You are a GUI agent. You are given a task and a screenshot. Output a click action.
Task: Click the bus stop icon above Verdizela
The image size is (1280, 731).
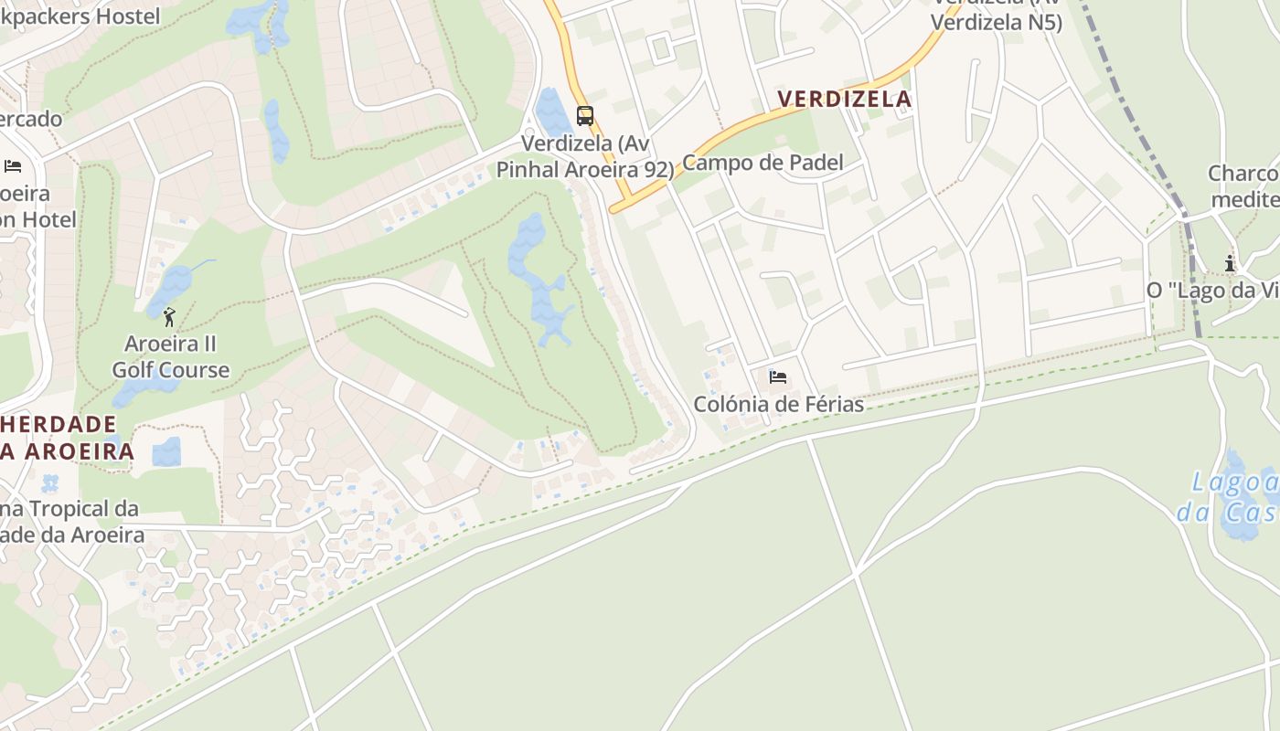[x=585, y=116]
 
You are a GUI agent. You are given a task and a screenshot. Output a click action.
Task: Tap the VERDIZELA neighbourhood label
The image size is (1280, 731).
[x=844, y=100]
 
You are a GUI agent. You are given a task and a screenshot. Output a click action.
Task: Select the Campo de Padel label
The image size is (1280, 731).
[x=763, y=164]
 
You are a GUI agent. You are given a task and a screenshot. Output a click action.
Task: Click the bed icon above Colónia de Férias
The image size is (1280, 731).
[x=778, y=376]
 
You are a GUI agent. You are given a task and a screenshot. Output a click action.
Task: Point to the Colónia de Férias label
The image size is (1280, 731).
[x=778, y=404]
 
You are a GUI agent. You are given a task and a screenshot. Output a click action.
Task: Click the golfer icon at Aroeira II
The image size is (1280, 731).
[x=169, y=317]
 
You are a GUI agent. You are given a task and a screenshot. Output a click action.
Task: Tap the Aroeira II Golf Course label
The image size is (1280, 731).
[x=170, y=357]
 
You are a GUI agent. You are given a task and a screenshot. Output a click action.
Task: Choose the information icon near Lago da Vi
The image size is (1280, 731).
[x=1230, y=264]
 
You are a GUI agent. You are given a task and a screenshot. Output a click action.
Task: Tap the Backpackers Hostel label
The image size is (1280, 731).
[x=80, y=16]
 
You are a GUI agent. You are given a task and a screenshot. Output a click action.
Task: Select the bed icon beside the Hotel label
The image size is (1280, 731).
[x=13, y=165]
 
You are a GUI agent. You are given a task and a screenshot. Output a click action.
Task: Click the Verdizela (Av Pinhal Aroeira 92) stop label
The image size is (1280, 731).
[x=585, y=156]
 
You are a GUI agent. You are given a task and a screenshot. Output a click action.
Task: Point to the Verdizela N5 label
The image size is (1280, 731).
[x=997, y=22]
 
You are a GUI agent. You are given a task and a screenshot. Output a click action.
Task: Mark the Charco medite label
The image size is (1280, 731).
[x=1243, y=186]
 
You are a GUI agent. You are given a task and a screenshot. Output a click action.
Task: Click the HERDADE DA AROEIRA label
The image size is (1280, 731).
[x=64, y=438]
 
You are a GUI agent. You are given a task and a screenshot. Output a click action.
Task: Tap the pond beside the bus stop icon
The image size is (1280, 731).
[x=551, y=112]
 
